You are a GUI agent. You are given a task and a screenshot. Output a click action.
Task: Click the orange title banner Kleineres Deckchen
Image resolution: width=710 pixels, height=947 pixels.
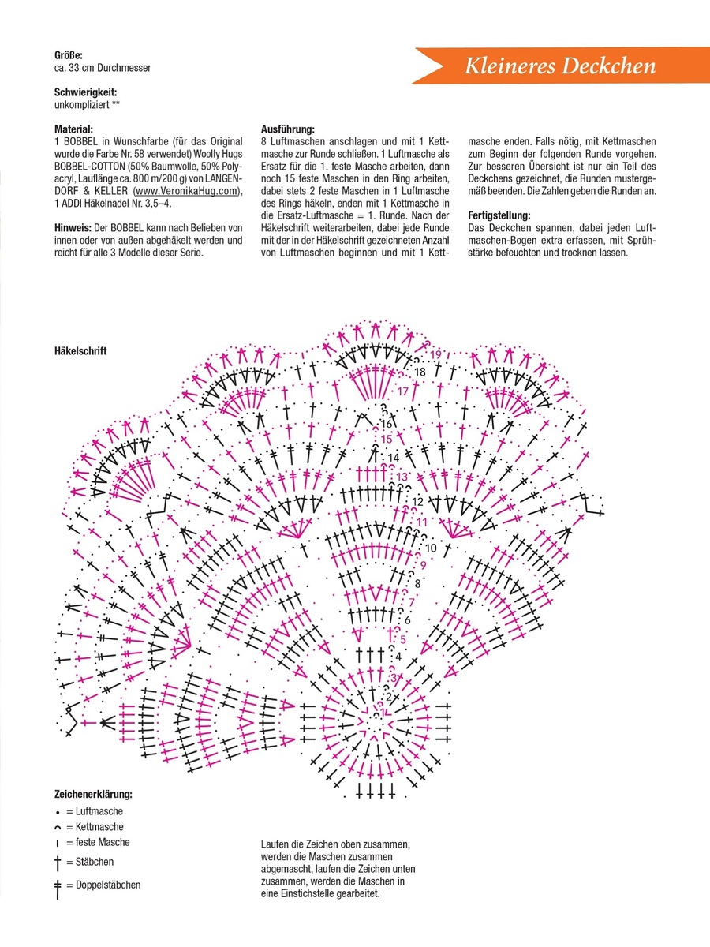click(x=559, y=66)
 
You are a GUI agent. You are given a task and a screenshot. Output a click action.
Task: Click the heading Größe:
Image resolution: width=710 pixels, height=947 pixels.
click(x=68, y=54)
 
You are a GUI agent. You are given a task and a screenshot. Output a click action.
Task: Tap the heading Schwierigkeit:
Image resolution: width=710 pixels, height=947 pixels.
click(x=86, y=92)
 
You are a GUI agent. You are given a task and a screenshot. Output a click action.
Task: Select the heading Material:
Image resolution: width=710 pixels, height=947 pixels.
click(x=73, y=129)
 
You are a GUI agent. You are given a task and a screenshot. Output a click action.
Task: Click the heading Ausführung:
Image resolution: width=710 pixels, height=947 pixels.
click(x=287, y=129)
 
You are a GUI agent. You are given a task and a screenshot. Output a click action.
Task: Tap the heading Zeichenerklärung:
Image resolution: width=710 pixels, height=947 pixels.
click(x=93, y=794)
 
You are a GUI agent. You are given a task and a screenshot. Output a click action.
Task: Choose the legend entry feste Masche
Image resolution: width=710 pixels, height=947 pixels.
click(x=98, y=842)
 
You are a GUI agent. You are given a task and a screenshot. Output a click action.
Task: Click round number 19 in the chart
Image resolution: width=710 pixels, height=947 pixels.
click(x=435, y=354)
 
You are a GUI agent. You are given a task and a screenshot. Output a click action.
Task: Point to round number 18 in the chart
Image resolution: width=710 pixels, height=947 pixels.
click(x=420, y=372)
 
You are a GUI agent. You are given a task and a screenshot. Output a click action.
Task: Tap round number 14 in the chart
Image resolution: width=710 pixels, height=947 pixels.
click(x=393, y=457)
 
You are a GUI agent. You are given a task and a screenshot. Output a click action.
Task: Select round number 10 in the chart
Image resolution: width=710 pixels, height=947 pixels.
click(x=431, y=548)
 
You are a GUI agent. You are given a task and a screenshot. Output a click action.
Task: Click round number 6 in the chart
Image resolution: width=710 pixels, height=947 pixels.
click(x=407, y=620)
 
